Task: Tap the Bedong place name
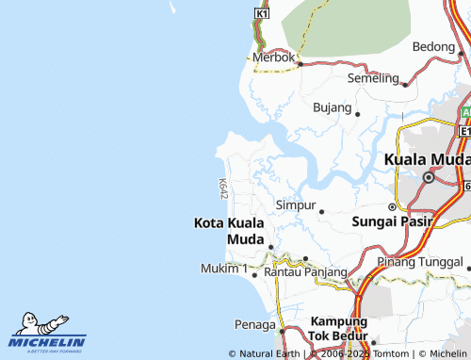[433, 46]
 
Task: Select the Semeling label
[373, 77]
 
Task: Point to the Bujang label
[332, 107]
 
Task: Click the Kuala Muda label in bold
[427, 159]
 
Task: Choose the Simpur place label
[295, 205]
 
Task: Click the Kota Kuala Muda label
[229, 231]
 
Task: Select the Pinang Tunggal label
[421, 261]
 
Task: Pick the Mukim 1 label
[224, 270]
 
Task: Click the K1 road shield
[262, 14]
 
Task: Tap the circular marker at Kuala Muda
[429, 177]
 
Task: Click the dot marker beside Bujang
[358, 113]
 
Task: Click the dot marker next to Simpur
[321, 210]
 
